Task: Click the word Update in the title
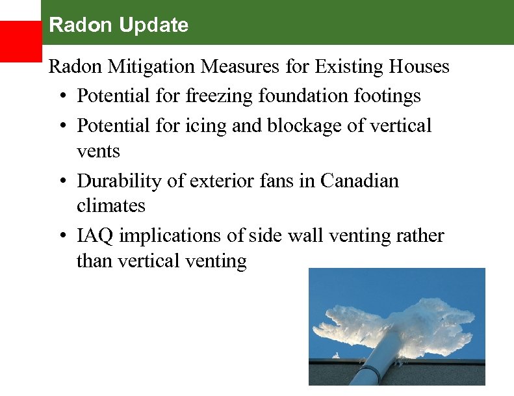148,25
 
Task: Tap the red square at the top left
20,41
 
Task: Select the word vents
98,152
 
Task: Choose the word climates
110,206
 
